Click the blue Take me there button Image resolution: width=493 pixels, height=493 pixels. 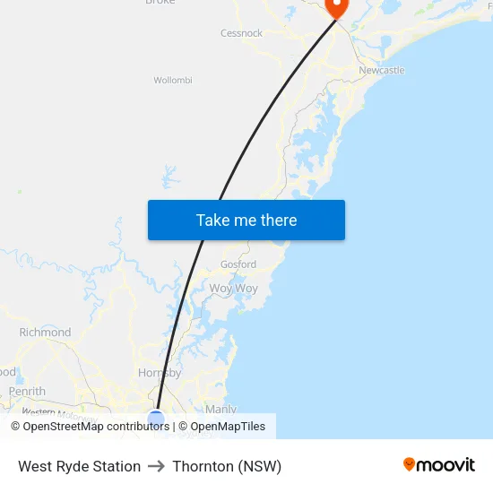pyautogui.click(x=246, y=220)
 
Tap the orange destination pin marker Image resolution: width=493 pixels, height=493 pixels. pyautogui.click(x=337, y=7)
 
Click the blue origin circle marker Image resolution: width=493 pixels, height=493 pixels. pyautogui.click(x=156, y=419)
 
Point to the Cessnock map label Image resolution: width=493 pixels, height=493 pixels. pyautogui.click(x=241, y=33)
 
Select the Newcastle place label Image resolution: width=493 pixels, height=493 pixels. pyautogui.click(x=381, y=70)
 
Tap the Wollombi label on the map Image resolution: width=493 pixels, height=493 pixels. pyautogui.click(x=173, y=80)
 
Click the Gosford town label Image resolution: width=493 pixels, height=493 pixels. pyautogui.click(x=238, y=264)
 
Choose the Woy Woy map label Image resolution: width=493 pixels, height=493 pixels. pyautogui.click(x=233, y=289)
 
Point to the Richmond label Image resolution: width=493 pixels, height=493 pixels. pyautogui.click(x=45, y=333)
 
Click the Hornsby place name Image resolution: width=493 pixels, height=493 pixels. pyautogui.click(x=160, y=373)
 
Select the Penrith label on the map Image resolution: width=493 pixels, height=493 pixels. pyautogui.click(x=27, y=392)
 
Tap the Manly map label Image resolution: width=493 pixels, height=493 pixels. pyautogui.click(x=221, y=409)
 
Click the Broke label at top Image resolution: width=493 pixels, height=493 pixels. pyautogui.click(x=160, y=3)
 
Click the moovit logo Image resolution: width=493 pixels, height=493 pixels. pyautogui.click(x=439, y=465)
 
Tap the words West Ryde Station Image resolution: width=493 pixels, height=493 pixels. pyautogui.click(x=79, y=466)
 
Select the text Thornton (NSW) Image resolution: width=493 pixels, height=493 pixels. pyautogui.click(x=227, y=466)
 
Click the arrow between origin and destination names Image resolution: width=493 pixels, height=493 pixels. pyautogui.click(x=156, y=466)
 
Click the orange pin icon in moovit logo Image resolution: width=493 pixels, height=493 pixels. pyautogui.click(x=410, y=464)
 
